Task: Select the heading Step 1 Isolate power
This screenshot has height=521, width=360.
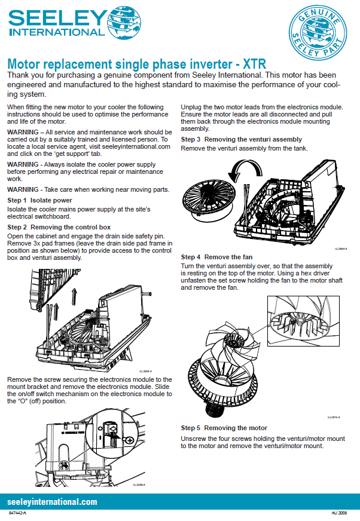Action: tap(39, 200)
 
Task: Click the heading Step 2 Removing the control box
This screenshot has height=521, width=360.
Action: tap(59, 228)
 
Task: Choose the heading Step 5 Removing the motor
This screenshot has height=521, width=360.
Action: tap(224, 428)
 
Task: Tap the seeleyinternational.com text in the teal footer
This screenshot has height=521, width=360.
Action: tap(52, 502)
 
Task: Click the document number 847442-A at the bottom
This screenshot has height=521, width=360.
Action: tap(18, 514)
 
